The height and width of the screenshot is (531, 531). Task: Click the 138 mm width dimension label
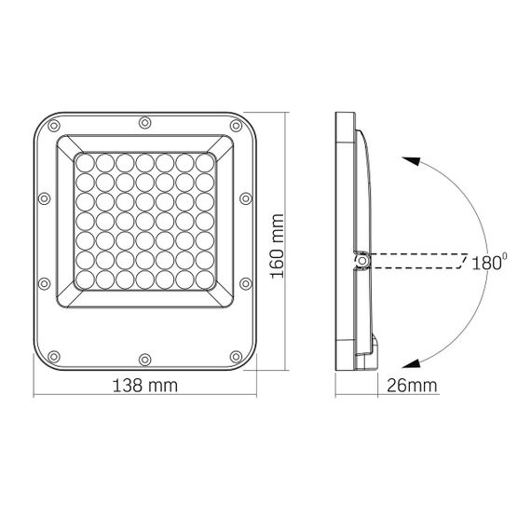(144, 386)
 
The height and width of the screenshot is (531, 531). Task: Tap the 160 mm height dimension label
(277, 246)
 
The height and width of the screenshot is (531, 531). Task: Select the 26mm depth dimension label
(412, 386)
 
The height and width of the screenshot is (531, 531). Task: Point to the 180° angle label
(489, 262)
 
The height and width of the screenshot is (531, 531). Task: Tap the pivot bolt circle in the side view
(362, 261)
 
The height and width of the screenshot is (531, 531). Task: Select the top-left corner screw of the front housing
(54, 126)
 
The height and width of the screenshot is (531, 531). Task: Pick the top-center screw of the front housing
(145, 123)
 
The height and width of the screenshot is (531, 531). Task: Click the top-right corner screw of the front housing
(236, 126)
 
